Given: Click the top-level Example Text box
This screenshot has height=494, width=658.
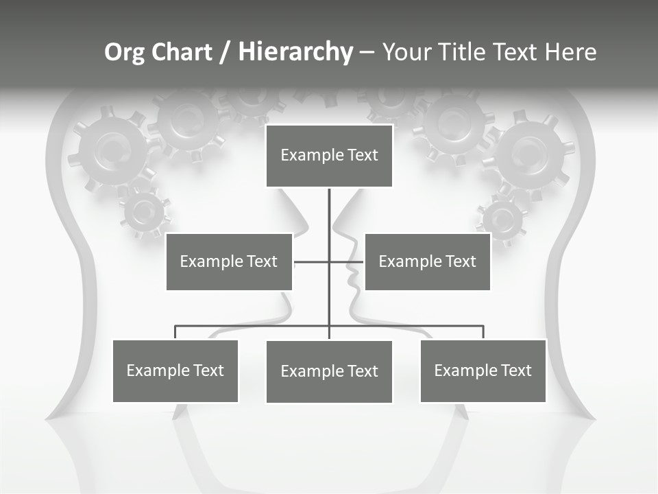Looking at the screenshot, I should [329, 156].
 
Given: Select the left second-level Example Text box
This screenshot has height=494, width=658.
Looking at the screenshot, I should [229, 261].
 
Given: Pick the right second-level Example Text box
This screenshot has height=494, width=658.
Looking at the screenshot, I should [427, 261].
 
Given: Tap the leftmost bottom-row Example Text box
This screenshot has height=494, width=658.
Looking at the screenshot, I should [175, 370].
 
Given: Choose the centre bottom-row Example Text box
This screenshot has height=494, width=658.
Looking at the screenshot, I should [329, 371].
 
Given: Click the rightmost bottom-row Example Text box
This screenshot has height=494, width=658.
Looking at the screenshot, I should [483, 370].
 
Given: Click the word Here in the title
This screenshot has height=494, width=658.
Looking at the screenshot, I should [570, 52].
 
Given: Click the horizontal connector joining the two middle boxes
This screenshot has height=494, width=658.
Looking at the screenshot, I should [312, 261].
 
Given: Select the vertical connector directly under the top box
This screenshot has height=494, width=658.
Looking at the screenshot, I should [329, 213].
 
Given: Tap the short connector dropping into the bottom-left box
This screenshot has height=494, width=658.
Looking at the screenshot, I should [175, 332].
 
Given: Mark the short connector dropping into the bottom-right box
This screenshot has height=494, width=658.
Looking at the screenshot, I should [483, 332].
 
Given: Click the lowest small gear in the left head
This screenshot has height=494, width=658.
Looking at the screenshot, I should [145, 212].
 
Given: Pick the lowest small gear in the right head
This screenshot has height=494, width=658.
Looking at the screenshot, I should [502, 220].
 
